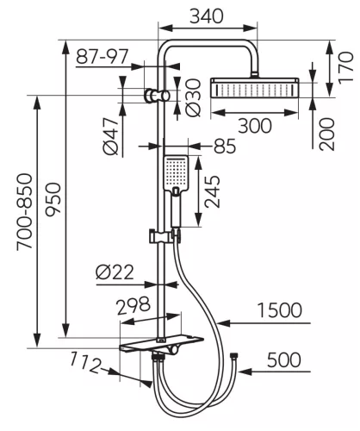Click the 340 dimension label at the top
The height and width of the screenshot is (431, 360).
pos(207,16)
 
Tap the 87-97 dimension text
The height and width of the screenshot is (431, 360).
pos(102,56)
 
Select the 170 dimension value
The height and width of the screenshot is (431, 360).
pos(345,68)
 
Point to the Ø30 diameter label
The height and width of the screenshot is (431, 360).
pos(193,97)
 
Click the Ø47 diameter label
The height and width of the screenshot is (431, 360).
pos(111,136)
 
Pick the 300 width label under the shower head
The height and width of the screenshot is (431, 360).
pos(255,126)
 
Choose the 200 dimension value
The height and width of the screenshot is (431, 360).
pos(327,134)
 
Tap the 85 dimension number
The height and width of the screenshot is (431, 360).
pos(225,146)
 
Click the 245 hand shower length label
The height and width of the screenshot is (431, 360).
pos(213,191)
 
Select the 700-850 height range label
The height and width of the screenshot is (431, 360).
pos(24,212)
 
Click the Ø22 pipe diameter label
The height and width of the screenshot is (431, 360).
pos(115,272)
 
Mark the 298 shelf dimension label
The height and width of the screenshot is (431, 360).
pos(133,305)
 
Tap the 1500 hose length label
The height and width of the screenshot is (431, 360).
pos(279,310)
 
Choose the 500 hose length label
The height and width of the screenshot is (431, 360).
pos(284,359)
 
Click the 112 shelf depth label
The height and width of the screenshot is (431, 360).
pos(86,362)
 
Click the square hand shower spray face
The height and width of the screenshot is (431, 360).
pos(176,172)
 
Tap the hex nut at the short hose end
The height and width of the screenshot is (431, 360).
pos(234,356)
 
